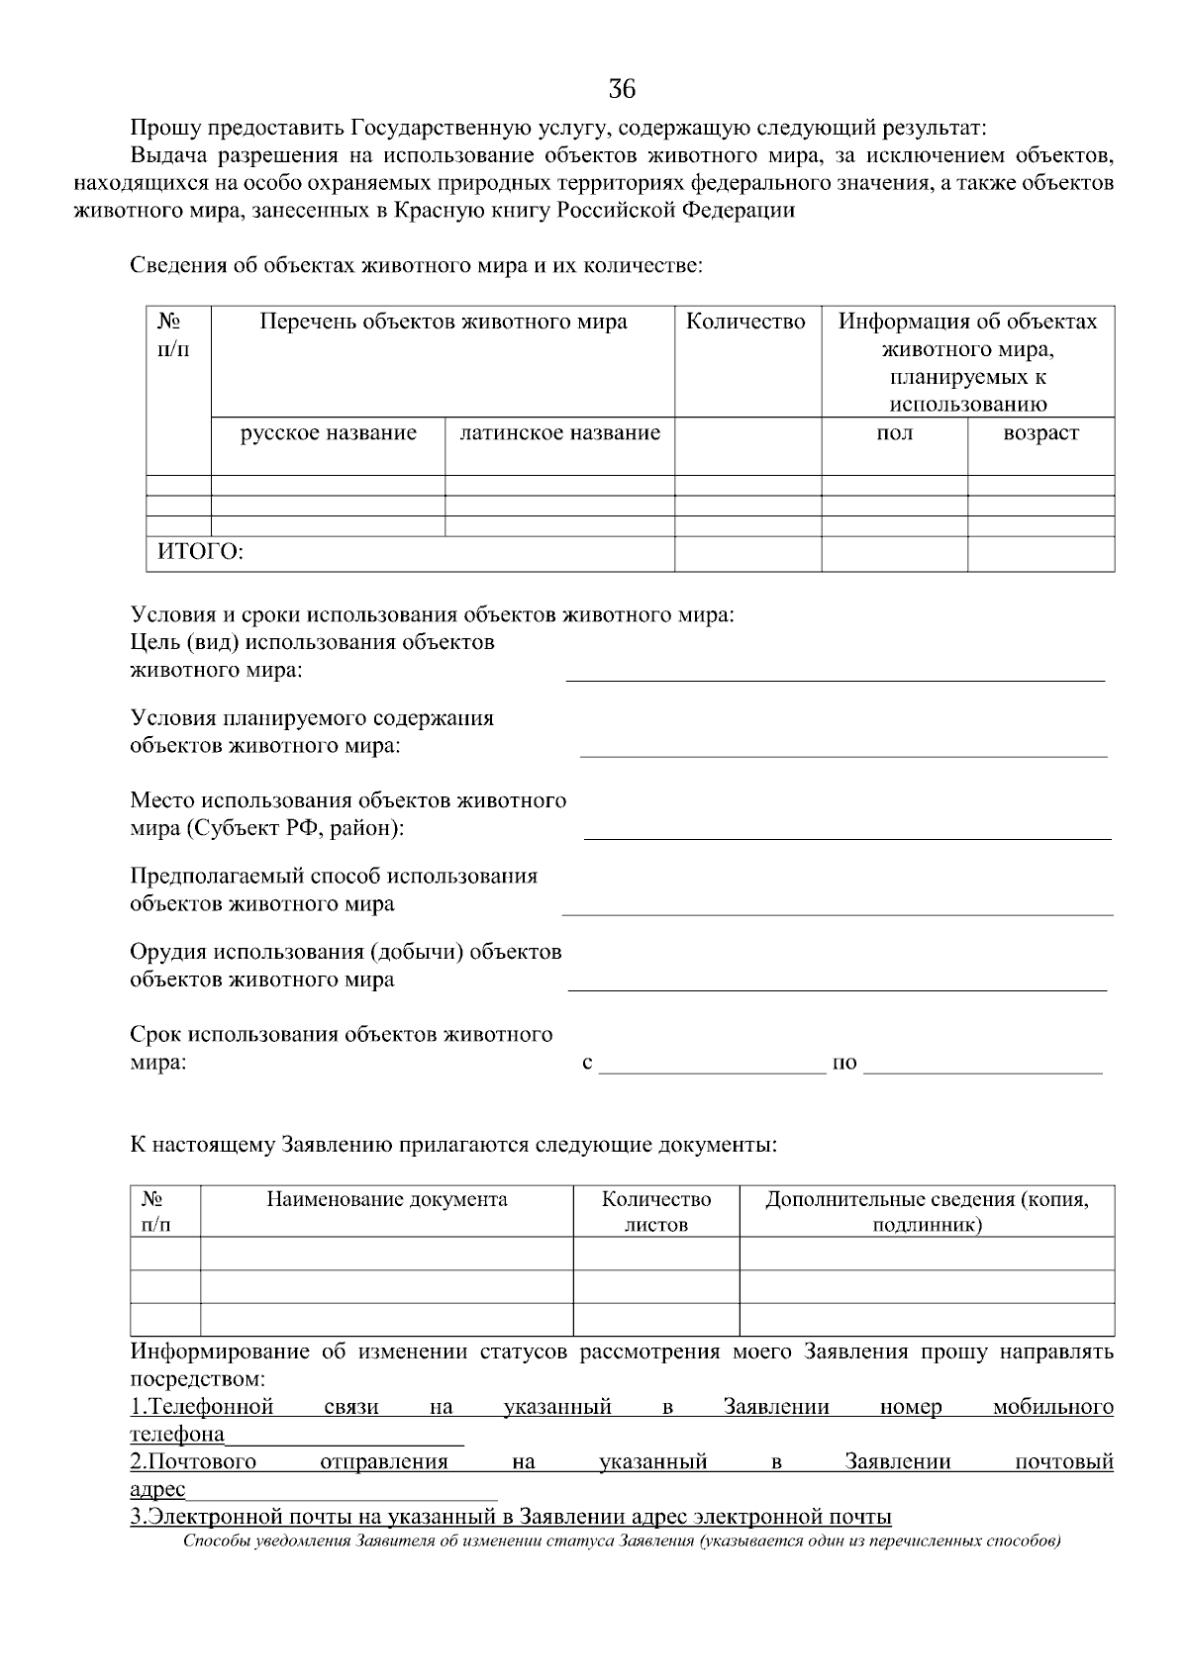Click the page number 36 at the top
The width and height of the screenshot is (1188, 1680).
point(621,89)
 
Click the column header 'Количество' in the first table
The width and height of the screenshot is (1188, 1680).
point(746,323)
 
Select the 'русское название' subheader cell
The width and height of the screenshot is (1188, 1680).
point(329,433)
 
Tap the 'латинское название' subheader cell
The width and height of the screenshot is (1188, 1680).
point(560,433)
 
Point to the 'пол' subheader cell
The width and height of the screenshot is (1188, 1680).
point(895,433)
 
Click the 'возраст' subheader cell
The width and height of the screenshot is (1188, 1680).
point(1040,433)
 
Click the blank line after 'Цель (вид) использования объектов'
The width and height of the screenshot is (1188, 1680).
point(834,677)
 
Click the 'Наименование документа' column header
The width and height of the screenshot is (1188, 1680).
point(386,1200)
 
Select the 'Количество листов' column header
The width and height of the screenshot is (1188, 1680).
point(656,1212)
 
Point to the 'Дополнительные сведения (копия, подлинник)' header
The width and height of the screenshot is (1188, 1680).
point(927,1212)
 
